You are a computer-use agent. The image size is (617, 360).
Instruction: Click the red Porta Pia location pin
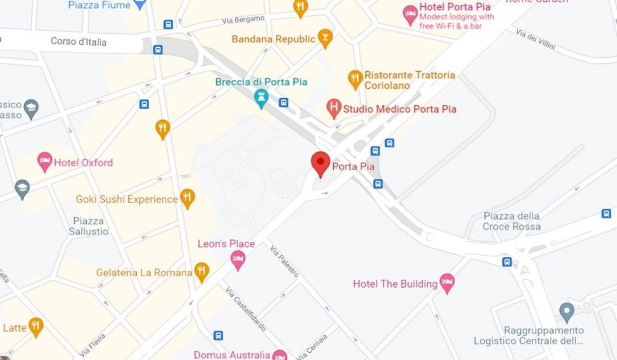(319, 163)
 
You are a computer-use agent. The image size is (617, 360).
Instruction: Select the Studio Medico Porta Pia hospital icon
(333, 109)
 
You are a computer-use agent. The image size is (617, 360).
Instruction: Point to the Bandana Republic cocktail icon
(325, 38)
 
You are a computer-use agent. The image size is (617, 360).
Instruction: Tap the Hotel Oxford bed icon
(45, 161)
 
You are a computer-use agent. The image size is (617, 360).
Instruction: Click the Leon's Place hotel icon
(239, 259)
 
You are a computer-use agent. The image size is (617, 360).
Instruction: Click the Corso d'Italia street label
(78, 42)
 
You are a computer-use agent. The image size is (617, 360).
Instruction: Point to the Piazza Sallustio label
(89, 226)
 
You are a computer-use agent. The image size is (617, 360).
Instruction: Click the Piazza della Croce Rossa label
(512, 221)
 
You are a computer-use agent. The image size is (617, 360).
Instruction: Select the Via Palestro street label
(284, 262)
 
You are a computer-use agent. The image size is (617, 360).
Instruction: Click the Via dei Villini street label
(536, 40)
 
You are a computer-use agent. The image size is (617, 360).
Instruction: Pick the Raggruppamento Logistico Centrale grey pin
(566, 312)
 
